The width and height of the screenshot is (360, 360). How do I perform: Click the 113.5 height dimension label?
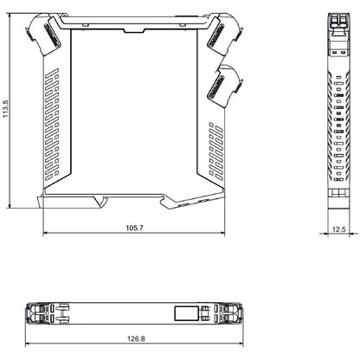[x=6, y=110]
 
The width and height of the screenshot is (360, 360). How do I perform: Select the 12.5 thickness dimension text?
[x=338, y=228]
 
